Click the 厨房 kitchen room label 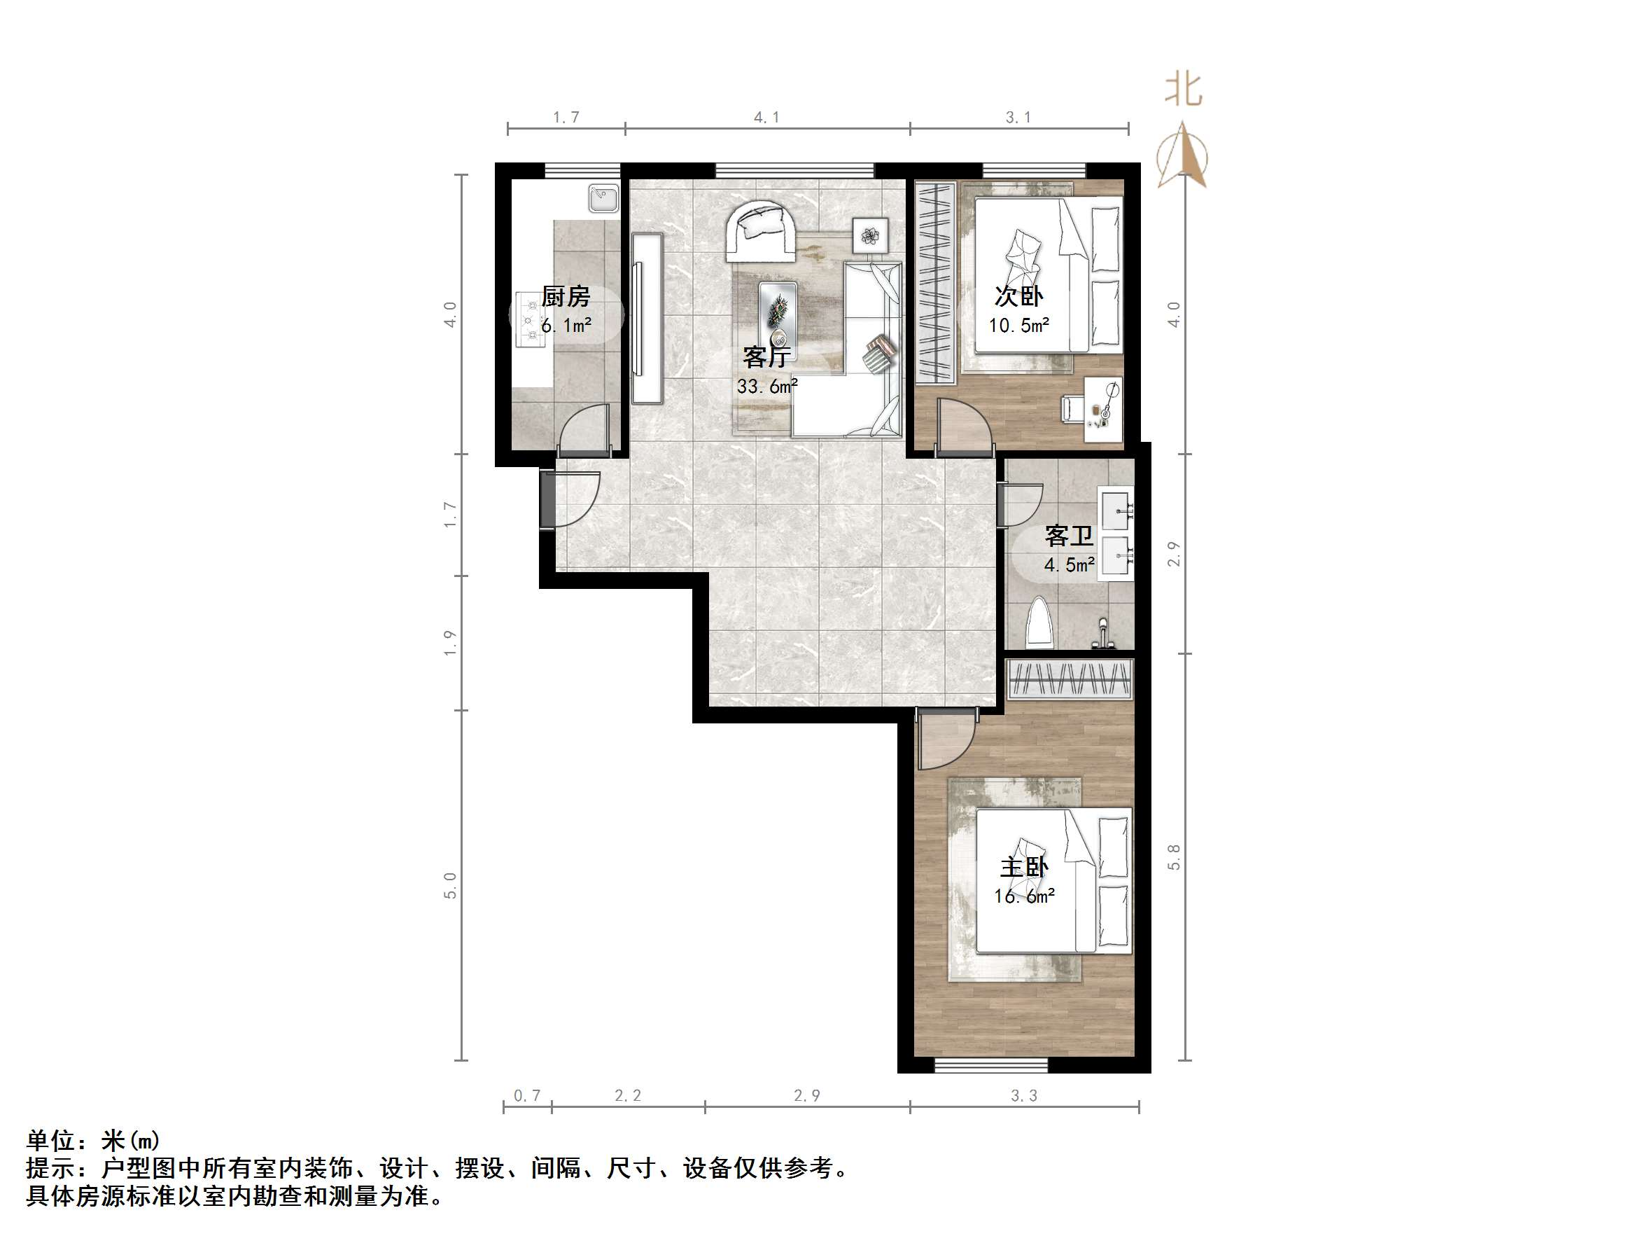[565, 296]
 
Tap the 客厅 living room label [766, 358]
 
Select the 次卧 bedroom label [1018, 296]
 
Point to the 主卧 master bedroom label [1024, 867]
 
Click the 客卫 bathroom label [1068, 536]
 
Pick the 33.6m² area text [767, 387]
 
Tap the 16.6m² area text [1024, 896]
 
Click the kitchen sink [603, 199]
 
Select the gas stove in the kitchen [530, 320]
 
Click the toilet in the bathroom [1039, 623]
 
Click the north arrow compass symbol [1182, 155]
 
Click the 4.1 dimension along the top [766, 117]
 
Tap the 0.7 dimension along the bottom [527, 1095]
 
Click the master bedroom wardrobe [1070, 679]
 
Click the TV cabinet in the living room [647, 319]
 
